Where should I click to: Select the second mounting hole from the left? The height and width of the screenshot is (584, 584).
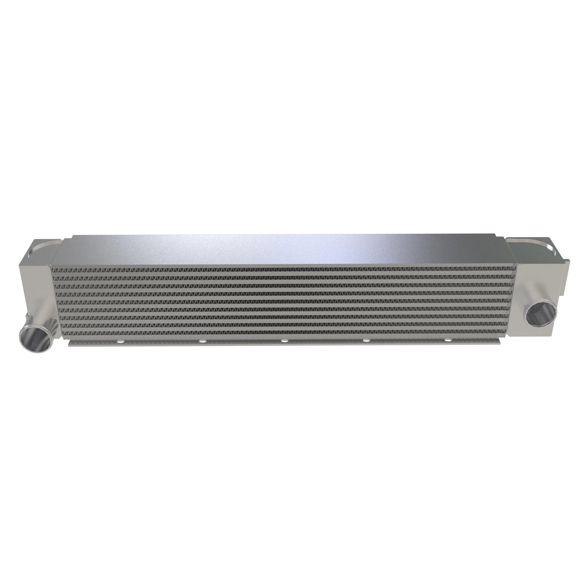coord(201,342)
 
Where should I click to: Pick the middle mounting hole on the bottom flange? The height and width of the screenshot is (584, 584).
coord(284,341)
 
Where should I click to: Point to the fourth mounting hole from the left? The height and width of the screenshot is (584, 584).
coord(366,341)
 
